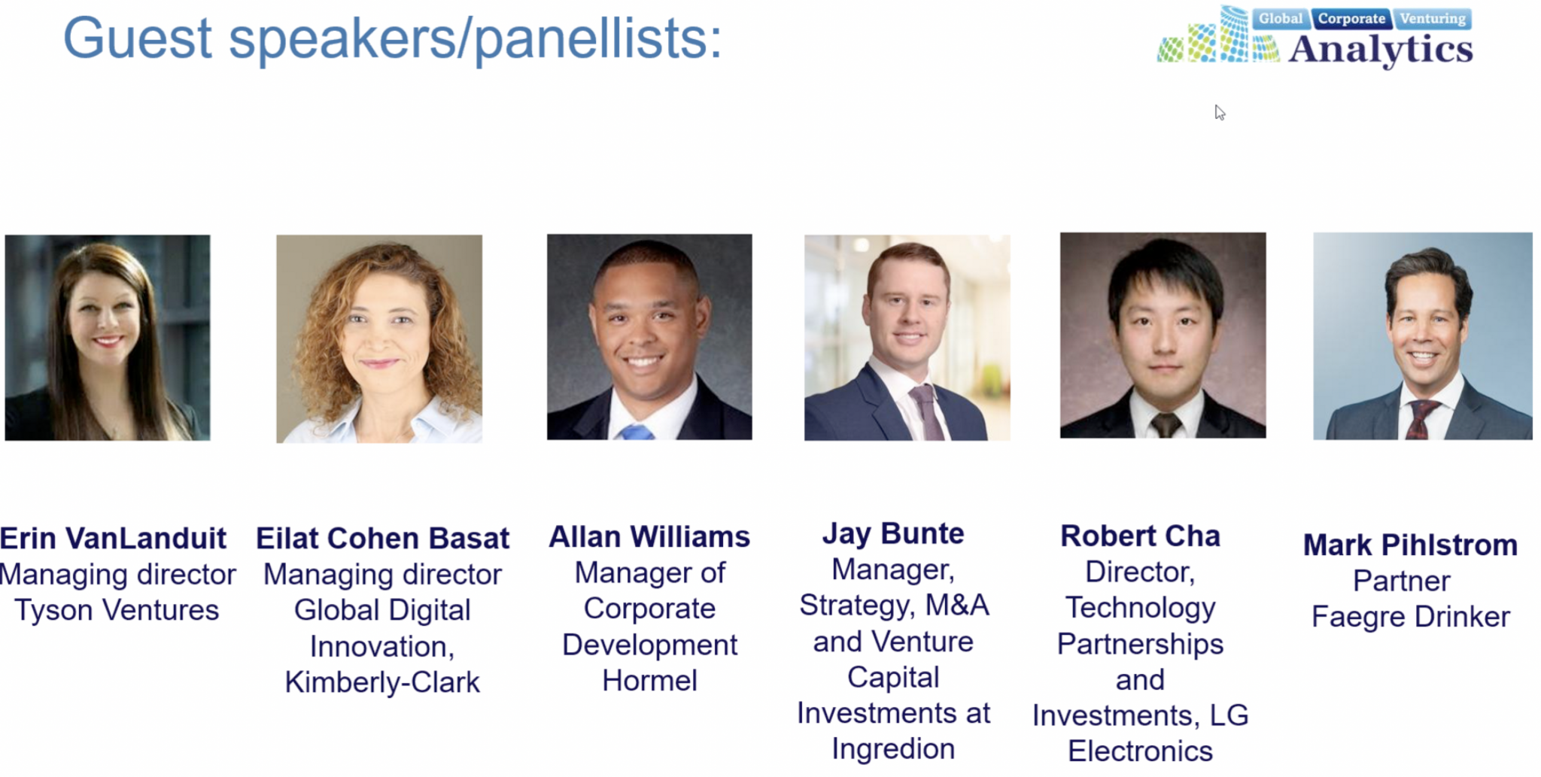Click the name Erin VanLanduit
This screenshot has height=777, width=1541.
113,539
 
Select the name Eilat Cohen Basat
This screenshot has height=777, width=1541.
382,539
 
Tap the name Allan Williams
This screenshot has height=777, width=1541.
649,537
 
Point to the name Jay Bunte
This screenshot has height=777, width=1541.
893,534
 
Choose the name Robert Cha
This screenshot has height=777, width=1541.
1140,536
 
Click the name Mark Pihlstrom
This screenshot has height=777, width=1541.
1410,545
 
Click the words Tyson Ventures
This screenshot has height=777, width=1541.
117,610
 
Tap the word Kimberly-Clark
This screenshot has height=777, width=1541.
382,682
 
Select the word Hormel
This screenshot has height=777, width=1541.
649,681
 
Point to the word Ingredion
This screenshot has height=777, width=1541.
893,749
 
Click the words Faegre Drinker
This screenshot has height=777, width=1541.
1410,617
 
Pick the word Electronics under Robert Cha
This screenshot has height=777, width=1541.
1140,751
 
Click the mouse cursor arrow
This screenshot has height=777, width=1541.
1219,112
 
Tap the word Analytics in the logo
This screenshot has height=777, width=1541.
1380,50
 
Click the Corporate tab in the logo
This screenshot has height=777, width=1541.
1351,18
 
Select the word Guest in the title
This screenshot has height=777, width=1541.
138,38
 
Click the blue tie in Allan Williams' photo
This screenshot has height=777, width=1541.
636,432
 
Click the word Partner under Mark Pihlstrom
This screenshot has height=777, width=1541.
1401,581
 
